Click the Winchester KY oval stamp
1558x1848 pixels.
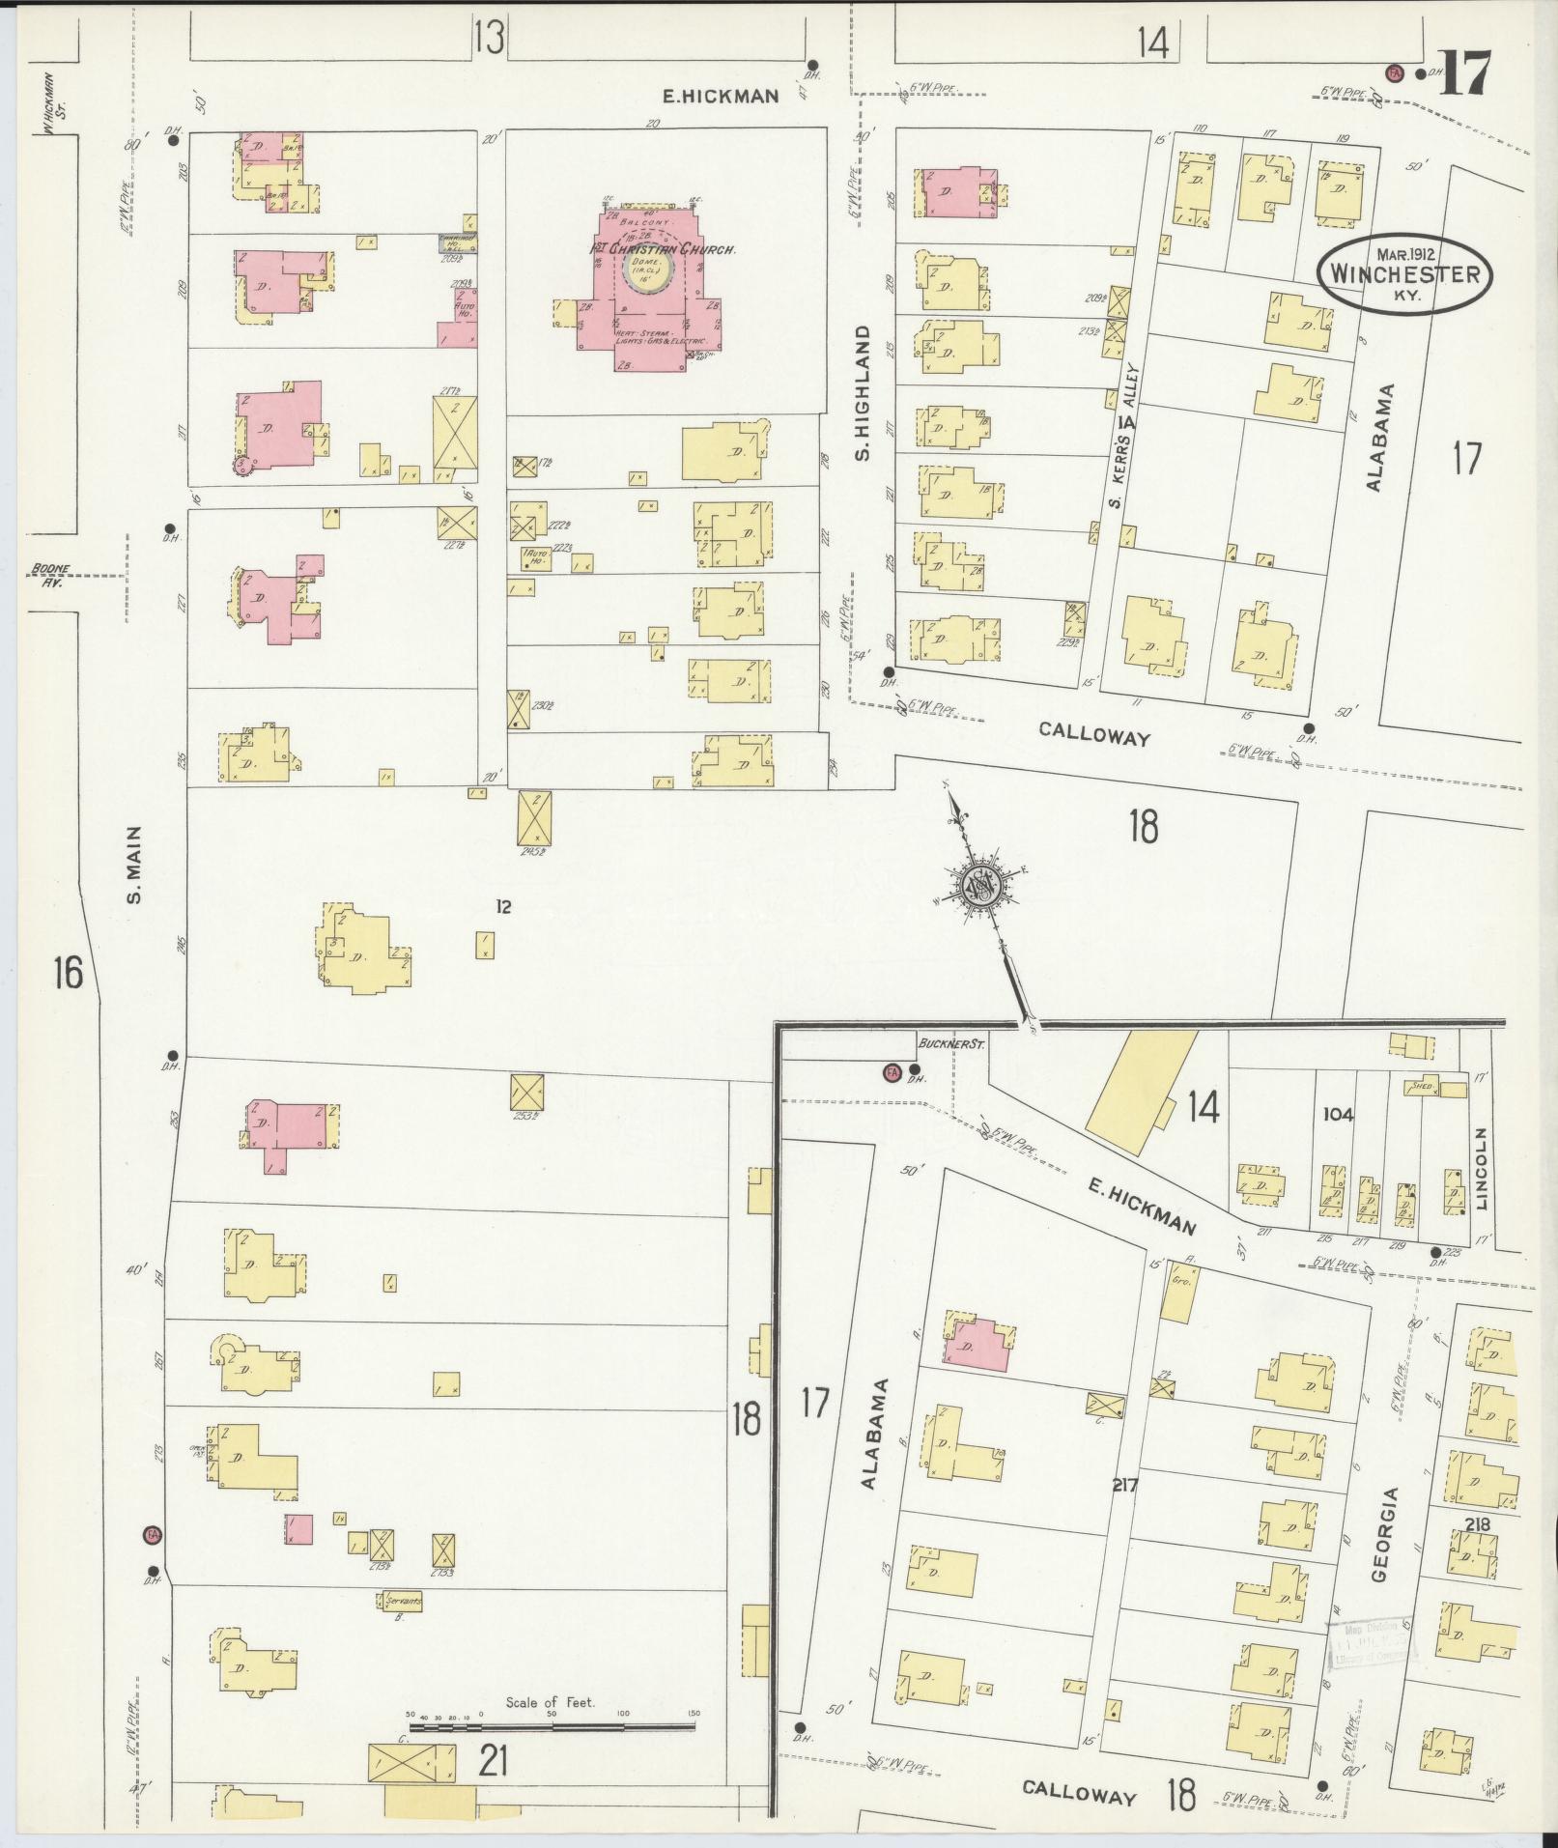coord(1404,273)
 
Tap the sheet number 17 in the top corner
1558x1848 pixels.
coord(1464,73)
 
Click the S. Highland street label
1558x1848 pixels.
coord(864,392)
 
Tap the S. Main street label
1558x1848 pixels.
coord(135,866)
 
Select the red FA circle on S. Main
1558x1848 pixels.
coord(150,1534)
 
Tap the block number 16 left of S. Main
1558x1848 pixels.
coord(68,972)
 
